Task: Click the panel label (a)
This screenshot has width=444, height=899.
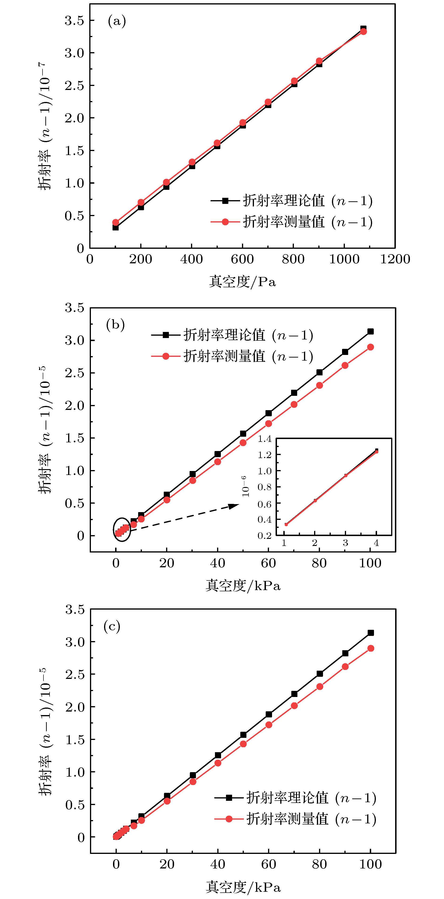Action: click(x=117, y=21)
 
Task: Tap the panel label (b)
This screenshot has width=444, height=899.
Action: click(x=115, y=325)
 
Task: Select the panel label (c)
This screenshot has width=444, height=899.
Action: click(x=112, y=627)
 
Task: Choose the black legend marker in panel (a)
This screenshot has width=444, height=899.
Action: click(x=225, y=201)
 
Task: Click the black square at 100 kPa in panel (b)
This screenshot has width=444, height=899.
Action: click(x=370, y=331)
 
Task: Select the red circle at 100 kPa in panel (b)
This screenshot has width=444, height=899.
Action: click(x=370, y=347)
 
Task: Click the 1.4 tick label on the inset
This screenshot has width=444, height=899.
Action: click(x=264, y=439)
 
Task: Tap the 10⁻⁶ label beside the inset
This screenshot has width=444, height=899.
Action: click(x=245, y=486)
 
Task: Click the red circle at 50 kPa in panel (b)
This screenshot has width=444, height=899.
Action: click(x=243, y=443)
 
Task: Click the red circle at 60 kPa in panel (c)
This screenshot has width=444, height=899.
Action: click(x=269, y=725)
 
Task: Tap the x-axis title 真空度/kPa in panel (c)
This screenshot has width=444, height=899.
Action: click(x=243, y=887)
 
